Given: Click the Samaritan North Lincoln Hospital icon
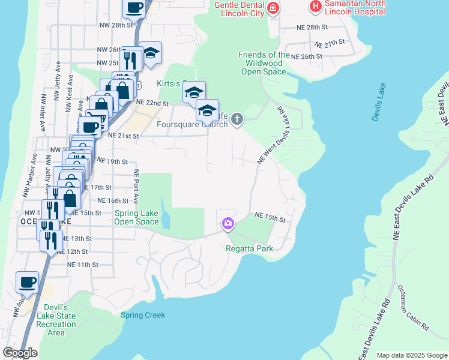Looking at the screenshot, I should [x=315, y=7].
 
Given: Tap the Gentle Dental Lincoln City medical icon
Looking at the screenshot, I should [x=274, y=8].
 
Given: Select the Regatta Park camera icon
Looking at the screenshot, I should [x=228, y=224].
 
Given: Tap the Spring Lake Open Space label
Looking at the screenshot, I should [x=137, y=217].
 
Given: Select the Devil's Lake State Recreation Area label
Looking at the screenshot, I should [x=56, y=320].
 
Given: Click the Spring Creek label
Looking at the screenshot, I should [x=143, y=315].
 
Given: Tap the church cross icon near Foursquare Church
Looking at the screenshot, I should [x=237, y=119].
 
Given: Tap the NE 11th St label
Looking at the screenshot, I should [x=82, y=264].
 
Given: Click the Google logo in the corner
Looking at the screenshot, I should [x=20, y=353].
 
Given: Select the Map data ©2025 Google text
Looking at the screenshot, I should [x=412, y=355].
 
